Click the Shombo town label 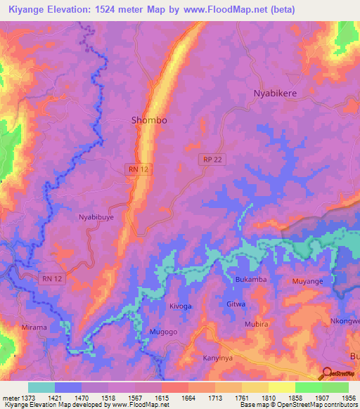(x=149, y=120)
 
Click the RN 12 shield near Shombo (x=136, y=169)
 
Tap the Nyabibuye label (x=96, y=219)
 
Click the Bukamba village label (x=251, y=280)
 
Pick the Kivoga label (x=180, y=306)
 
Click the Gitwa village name (x=236, y=304)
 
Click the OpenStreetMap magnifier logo (x=327, y=372)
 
